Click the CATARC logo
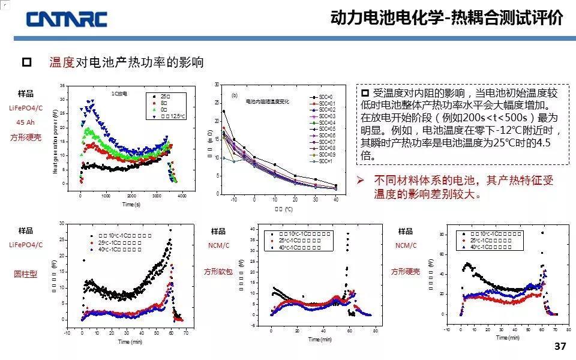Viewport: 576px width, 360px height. (x=66, y=19)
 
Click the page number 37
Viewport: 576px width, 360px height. (x=560, y=347)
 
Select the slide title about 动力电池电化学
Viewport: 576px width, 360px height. (x=446, y=18)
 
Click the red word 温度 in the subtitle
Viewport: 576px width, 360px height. (x=62, y=62)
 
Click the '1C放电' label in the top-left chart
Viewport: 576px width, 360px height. (x=119, y=94)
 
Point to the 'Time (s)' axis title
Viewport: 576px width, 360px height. (x=131, y=205)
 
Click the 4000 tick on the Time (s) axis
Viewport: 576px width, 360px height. (x=182, y=196)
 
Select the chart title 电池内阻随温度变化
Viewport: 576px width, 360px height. (x=267, y=102)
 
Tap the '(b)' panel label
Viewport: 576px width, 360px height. (x=234, y=95)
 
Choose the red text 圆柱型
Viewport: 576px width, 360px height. (x=26, y=274)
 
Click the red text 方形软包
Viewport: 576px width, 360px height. (x=218, y=271)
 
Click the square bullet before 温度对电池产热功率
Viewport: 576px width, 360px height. (x=26, y=62)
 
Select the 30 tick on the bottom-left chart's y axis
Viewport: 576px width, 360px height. (x=62, y=224)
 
